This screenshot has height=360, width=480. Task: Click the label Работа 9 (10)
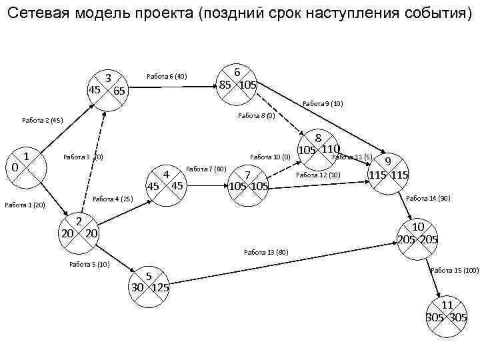coord(323,103)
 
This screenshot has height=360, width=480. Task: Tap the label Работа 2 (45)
coord(42,121)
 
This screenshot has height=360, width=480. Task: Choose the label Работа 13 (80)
coord(266,252)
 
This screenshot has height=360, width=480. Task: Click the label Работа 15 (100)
coord(455,270)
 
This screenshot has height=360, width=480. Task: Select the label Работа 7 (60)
coord(207,168)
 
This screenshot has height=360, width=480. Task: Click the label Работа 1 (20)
coord(25,205)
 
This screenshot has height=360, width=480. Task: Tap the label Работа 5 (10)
coord(89,265)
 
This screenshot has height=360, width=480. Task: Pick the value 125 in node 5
coord(160,288)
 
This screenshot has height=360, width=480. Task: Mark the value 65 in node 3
coord(119,91)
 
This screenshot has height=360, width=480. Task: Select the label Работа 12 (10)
coord(318,175)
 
